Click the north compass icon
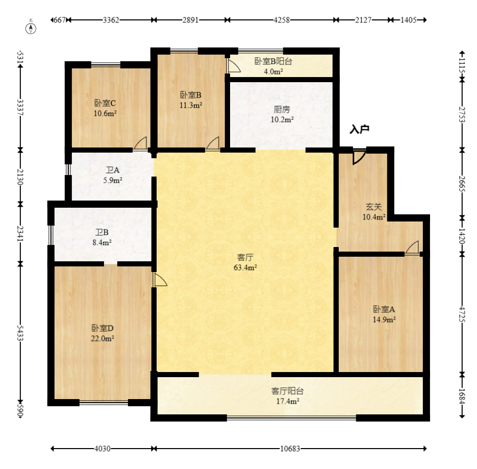[32, 28]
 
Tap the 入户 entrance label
[359, 130]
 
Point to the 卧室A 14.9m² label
[384, 314]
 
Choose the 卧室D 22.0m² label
[103, 332]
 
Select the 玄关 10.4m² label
[373, 212]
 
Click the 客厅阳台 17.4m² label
[287, 396]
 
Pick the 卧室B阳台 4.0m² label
[273, 66]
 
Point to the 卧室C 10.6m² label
[105, 108]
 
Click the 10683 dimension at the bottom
[290, 449]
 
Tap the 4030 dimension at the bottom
[103, 449]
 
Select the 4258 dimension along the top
[282, 20]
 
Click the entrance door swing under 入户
[358, 157]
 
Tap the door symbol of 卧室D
[160, 279]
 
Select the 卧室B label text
[191, 95]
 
